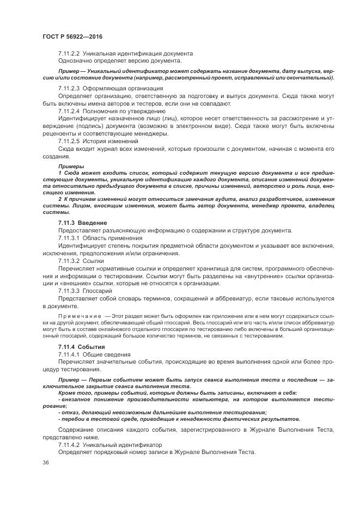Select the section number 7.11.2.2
pos(69,54)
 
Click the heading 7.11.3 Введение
pos(83,223)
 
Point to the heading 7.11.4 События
pos(82,347)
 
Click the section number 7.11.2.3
pos(69,88)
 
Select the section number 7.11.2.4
pos(69,111)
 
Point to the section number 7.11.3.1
pos(69,238)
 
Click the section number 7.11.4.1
pos(69,354)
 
